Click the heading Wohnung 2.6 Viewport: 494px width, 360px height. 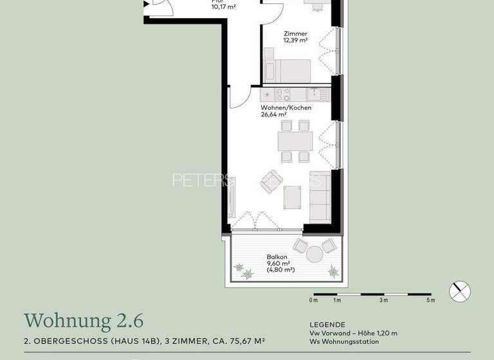click(x=84, y=320)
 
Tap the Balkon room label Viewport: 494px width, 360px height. click(x=277, y=256)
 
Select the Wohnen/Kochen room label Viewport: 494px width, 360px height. click(x=286, y=108)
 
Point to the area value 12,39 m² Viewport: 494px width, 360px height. click(x=295, y=40)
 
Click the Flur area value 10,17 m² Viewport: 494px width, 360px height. click(x=224, y=7)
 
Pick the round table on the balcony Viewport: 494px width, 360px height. click(x=314, y=255)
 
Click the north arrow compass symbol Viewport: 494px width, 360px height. click(x=460, y=292)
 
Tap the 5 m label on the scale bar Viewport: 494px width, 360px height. click(x=430, y=300)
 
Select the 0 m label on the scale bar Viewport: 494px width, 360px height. click(x=313, y=300)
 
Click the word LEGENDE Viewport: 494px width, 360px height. click(x=327, y=325)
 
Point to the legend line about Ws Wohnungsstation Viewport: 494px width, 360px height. click(x=344, y=341)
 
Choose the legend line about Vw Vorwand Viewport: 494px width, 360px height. click(x=353, y=333)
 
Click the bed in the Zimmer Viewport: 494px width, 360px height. click(x=288, y=68)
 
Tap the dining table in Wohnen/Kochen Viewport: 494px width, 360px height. click(x=295, y=140)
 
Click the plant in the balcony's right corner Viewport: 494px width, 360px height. click(x=333, y=271)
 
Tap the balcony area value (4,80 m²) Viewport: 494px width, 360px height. click(x=280, y=270)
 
